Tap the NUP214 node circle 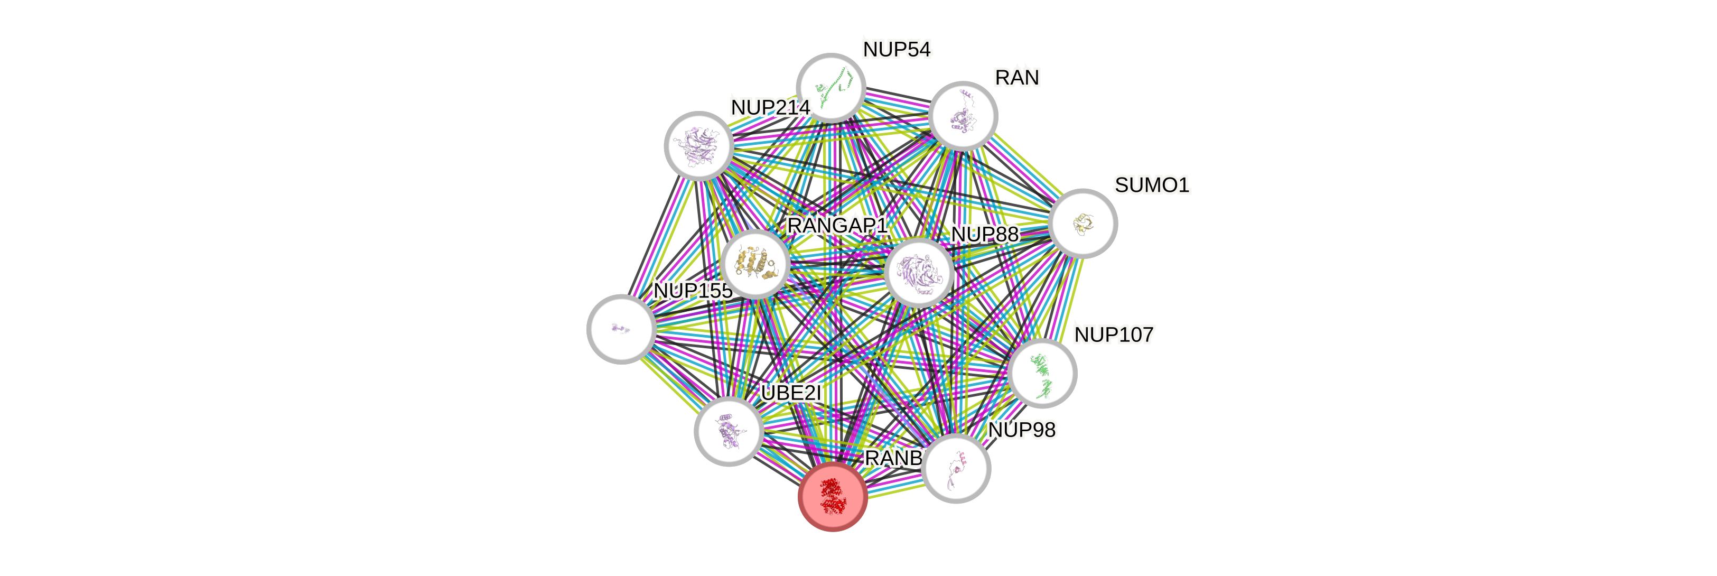[x=698, y=145]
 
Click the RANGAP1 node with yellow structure [x=754, y=263]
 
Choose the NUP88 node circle [x=919, y=273]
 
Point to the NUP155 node [x=621, y=329]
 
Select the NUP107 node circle [x=1042, y=373]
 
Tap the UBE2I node [x=729, y=431]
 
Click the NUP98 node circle [x=956, y=468]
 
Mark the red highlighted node [x=833, y=497]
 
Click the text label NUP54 [x=897, y=49]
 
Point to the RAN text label [x=1016, y=78]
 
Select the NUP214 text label [x=770, y=107]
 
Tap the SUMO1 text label [x=1152, y=184]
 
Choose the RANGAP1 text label [x=837, y=226]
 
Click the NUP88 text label [x=984, y=235]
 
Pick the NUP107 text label [x=1114, y=334]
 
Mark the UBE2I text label [x=791, y=393]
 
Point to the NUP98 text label [x=1022, y=430]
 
